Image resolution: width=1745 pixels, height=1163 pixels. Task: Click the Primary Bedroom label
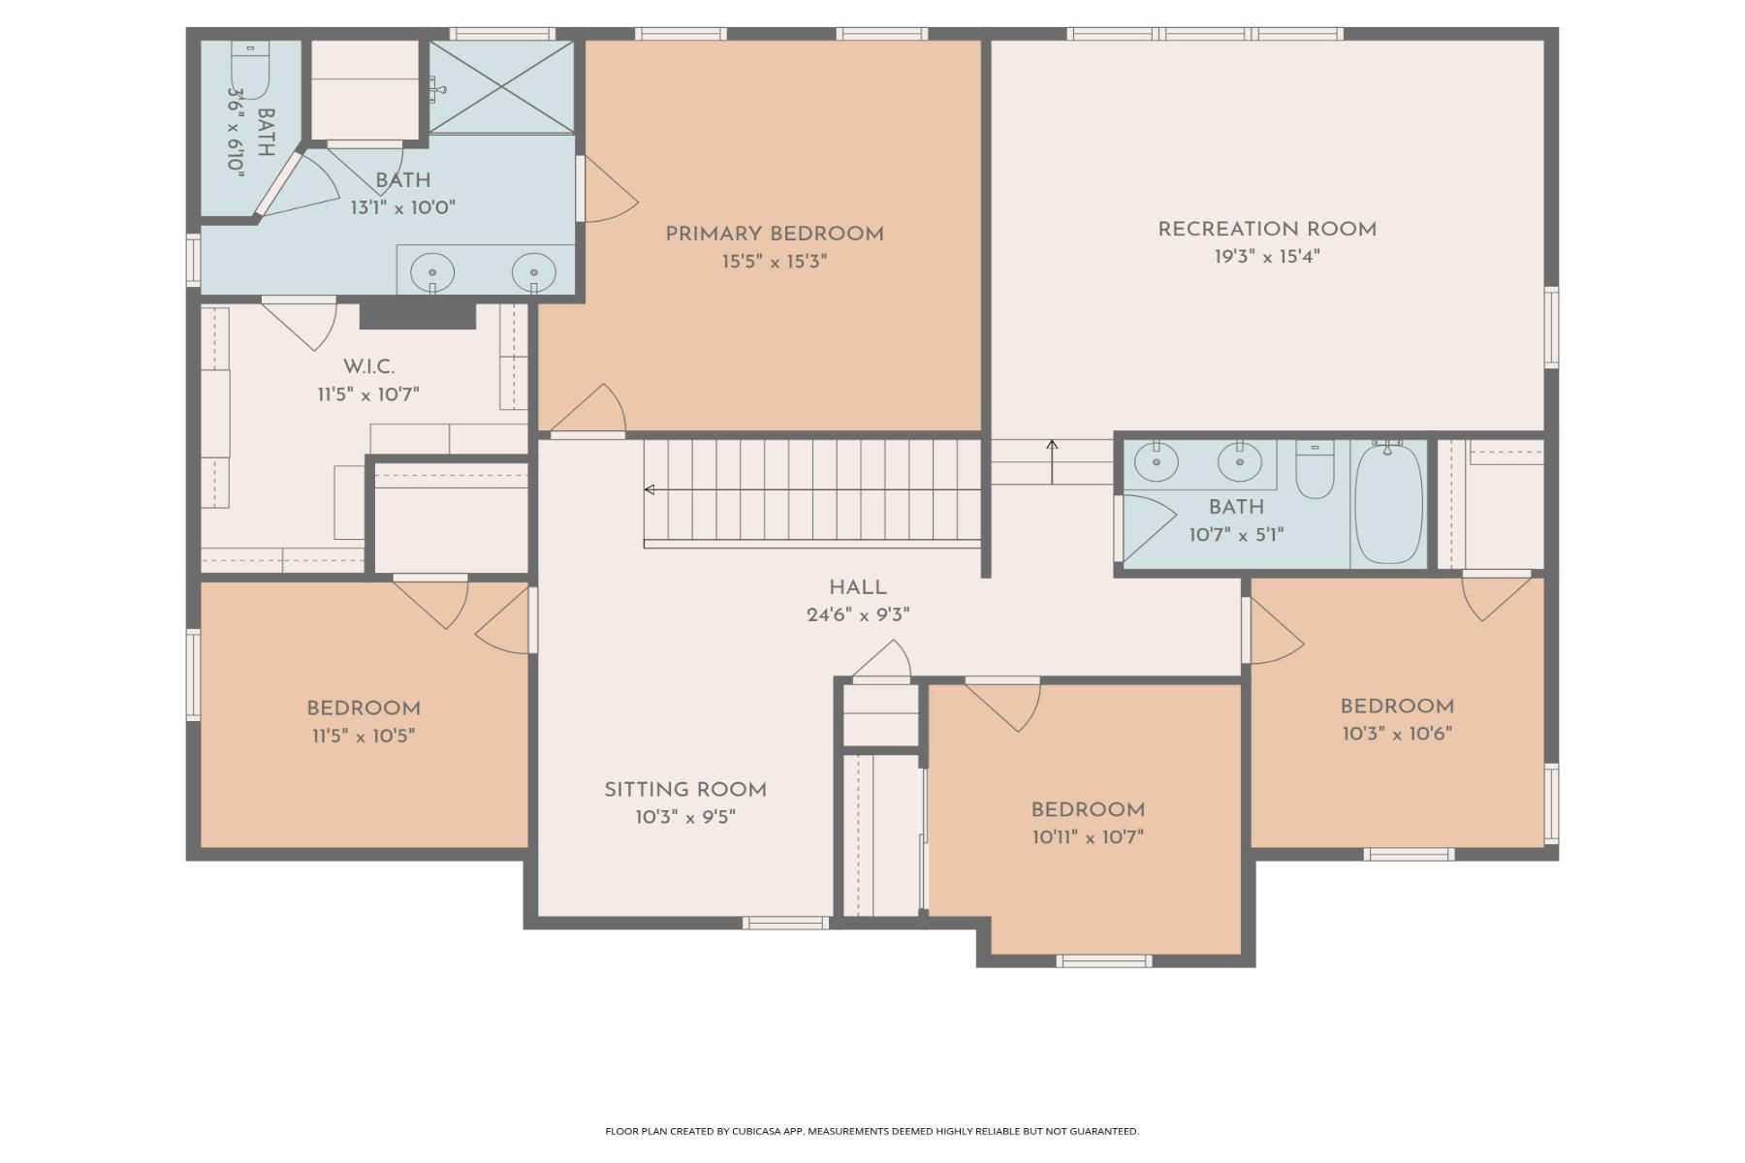tap(774, 234)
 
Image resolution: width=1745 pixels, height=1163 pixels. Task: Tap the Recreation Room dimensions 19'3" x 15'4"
tap(1267, 257)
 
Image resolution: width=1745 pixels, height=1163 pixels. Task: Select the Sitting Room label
tap(685, 790)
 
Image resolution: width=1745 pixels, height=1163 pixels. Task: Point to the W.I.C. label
tap(368, 366)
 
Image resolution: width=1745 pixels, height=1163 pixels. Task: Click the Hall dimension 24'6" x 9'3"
tap(858, 614)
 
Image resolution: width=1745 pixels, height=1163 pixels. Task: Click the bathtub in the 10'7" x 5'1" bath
tap(1388, 502)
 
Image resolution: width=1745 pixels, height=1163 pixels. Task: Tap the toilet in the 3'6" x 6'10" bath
tap(250, 70)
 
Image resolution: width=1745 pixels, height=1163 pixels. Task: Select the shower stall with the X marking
tap(501, 87)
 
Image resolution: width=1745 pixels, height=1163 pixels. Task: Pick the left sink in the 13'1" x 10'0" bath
tap(432, 273)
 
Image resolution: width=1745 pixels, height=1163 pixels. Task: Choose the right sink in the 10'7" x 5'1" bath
tap(1239, 461)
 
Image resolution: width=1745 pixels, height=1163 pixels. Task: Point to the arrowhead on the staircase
tap(650, 489)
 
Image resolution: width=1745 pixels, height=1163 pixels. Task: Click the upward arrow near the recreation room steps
tap(1052, 462)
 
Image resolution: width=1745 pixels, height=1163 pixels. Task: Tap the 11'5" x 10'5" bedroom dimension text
tap(364, 736)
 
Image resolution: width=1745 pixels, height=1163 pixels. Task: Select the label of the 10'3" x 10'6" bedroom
tap(1397, 707)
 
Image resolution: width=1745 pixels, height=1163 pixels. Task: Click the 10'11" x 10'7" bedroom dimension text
tap(1088, 837)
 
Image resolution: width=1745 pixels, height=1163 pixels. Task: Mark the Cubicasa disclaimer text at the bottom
tap(872, 1131)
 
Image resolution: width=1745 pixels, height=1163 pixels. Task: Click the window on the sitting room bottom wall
tap(785, 923)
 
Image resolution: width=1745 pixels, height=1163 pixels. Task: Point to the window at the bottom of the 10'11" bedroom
tap(1104, 961)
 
